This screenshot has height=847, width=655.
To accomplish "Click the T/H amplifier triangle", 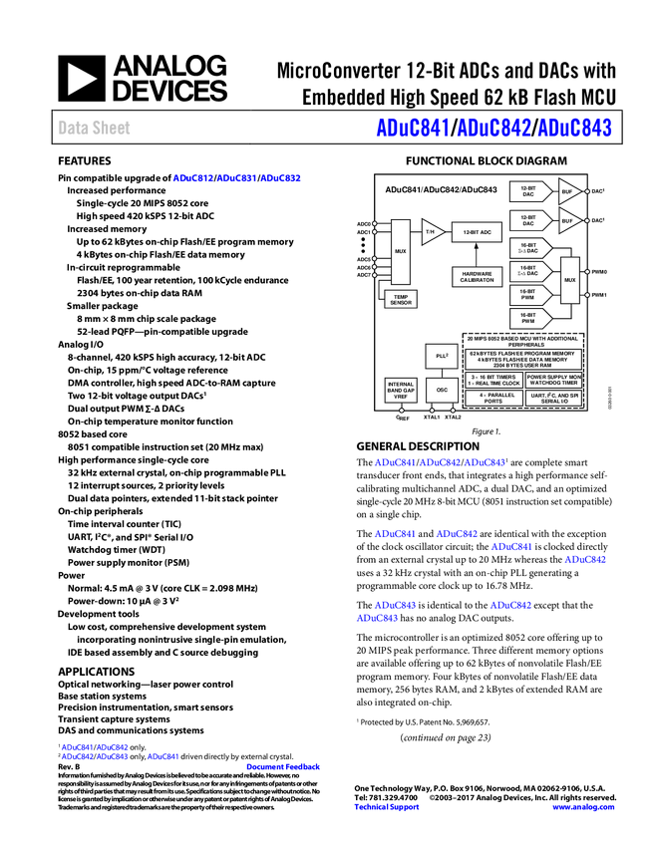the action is pyautogui.click(x=431, y=232).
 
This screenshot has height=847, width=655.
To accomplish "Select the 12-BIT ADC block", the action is pyautogui.click(x=477, y=232).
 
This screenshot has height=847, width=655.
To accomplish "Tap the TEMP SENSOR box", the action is pyautogui.click(x=401, y=299).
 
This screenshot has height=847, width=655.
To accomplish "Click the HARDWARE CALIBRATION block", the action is pyautogui.click(x=478, y=277).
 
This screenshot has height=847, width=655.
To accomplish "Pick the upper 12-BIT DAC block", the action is pyautogui.click(x=529, y=191).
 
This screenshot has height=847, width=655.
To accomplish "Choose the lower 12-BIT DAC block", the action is pyautogui.click(x=529, y=220).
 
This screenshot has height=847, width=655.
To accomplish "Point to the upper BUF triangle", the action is pyautogui.click(x=568, y=191).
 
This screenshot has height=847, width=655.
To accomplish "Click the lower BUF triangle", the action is pyautogui.click(x=568, y=220).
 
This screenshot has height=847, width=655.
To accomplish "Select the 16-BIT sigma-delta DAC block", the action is pyautogui.click(x=529, y=271).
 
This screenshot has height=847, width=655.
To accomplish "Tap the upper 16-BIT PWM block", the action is pyautogui.click(x=529, y=295).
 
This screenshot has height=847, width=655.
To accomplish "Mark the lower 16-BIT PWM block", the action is pyautogui.click(x=529, y=319).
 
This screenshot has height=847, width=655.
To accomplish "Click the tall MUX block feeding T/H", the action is pyautogui.click(x=401, y=252).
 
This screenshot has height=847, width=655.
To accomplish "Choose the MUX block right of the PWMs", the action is pyautogui.click(x=570, y=280).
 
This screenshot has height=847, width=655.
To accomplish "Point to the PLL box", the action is pyautogui.click(x=442, y=355).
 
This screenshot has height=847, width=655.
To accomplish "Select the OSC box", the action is pyautogui.click(x=442, y=391).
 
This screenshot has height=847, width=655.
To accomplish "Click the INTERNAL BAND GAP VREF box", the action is pyautogui.click(x=401, y=391).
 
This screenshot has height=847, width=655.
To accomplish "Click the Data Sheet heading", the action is pyautogui.click(x=95, y=128).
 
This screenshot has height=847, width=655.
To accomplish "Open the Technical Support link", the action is pyautogui.click(x=387, y=807).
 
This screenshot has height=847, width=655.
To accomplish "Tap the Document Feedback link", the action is pyautogui.click(x=284, y=767).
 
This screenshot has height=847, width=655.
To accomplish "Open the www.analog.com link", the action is pyautogui.click(x=584, y=807).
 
